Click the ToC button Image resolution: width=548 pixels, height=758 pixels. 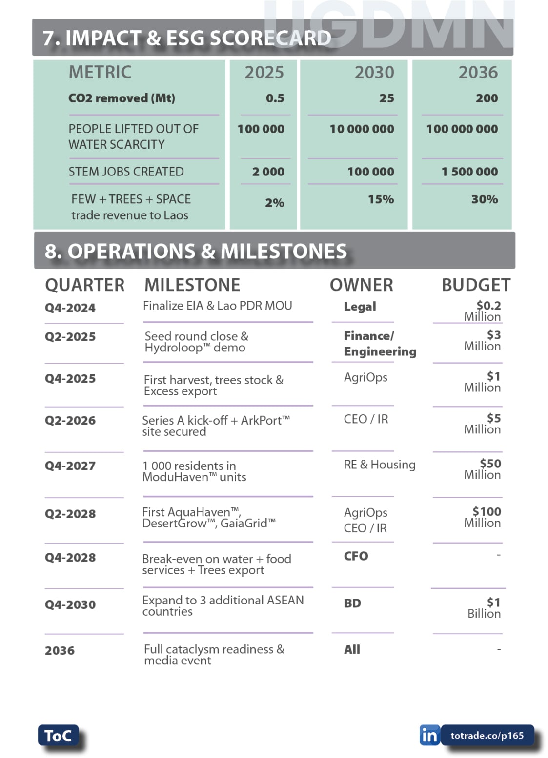pyautogui.click(x=58, y=735)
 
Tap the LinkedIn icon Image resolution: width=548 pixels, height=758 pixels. pyautogui.click(x=429, y=735)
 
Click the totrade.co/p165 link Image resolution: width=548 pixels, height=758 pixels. pyautogui.click(x=487, y=735)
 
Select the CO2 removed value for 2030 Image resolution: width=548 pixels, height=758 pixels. pyautogui.click(x=386, y=98)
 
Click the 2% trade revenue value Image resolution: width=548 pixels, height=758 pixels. pyautogui.click(x=275, y=203)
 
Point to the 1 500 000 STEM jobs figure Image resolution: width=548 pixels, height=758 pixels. pyautogui.click(x=469, y=172)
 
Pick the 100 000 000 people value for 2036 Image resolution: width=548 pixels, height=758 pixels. pyautogui.click(x=462, y=129)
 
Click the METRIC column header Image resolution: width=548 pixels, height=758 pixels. pyautogui.click(x=100, y=72)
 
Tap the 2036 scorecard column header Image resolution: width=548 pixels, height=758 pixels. pyautogui.click(x=478, y=72)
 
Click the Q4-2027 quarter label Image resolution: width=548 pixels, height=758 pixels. pyautogui.click(x=70, y=466)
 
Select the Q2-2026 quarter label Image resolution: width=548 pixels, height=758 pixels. pyautogui.click(x=70, y=420)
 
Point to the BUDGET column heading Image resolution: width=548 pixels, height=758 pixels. pyautogui.click(x=476, y=285)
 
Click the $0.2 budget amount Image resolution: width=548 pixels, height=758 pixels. pyautogui.click(x=488, y=306)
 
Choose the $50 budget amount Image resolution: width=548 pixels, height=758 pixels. pyautogui.click(x=490, y=464)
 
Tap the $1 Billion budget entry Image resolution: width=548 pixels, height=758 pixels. pyautogui.click(x=484, y=608)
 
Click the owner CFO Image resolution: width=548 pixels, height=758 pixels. pyautogui.click(x=356, y=556)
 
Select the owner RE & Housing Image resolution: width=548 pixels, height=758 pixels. pyautogui.click(x=379, y=465)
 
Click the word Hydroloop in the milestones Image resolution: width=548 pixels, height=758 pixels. pyautogui.click(x=173, y=348)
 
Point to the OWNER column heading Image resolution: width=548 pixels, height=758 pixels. pyautogui.click(x=361, y=285)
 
